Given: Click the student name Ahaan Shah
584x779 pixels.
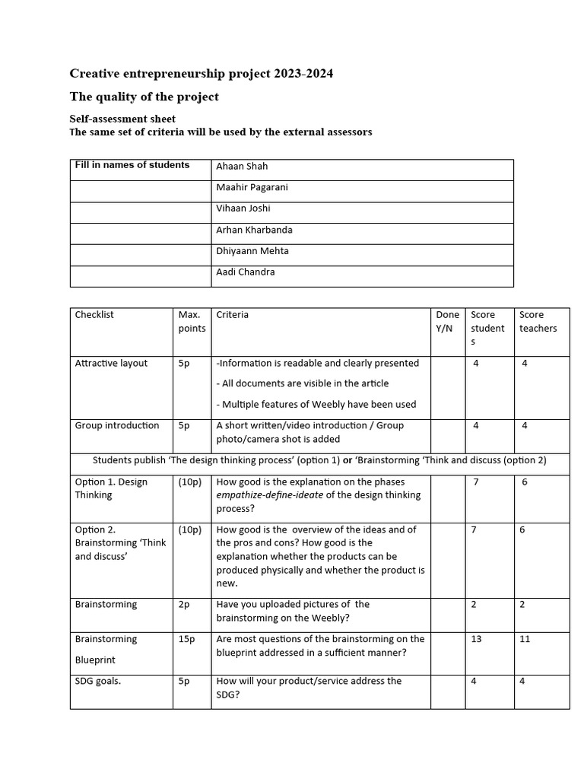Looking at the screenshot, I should (242, 167).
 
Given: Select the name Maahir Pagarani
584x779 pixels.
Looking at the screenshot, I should (252, 187).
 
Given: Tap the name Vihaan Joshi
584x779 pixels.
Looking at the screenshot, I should (243, 208).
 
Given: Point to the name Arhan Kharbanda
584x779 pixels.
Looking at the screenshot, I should (254, 230).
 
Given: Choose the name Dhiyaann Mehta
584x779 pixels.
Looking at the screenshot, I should (252, 251).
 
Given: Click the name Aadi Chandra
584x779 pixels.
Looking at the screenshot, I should (245, 272).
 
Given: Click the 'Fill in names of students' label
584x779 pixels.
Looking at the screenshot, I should (132, 165).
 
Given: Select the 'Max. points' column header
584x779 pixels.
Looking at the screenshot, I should (192, 322).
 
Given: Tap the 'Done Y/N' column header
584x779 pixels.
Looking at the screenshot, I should (447, 322).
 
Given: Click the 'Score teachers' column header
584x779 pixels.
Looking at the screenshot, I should (538, 322).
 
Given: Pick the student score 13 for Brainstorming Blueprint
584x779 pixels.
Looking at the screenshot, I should (476, 640).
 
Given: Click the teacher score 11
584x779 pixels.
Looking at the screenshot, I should (525, 640).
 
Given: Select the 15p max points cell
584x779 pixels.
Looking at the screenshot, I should (187, 640).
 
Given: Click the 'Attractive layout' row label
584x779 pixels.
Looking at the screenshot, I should (111, 364).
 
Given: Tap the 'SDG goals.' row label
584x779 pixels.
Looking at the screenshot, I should (98, 682).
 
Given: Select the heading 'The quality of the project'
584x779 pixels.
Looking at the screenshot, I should (144, 97).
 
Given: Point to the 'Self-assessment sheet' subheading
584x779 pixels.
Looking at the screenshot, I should (122, 119).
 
